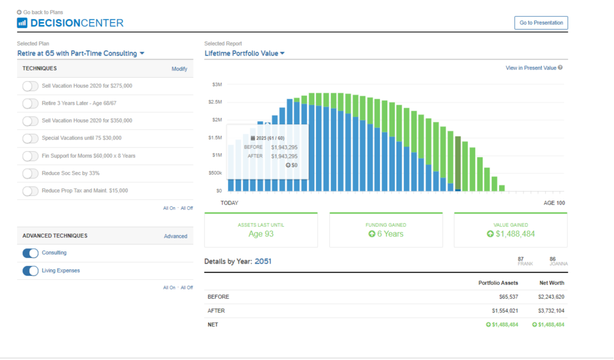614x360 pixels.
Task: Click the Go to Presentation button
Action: click(x=541, y=23)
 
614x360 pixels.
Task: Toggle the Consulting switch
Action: click(x=30, y=253)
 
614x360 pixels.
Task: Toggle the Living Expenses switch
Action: click(x=30, y=271)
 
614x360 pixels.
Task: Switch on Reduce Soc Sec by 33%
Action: click(x=30, y=174)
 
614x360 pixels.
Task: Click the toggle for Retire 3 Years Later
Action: click(x=30, y=103)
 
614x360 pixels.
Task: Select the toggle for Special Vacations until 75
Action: click(x=30, y=139)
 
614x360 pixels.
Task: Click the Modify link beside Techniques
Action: click(x=179, y=69)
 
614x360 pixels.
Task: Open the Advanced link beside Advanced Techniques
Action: click(x=175, y=236)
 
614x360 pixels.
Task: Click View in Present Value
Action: click(x=531, y=68)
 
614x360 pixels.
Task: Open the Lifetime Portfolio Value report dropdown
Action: click(x=244, y=54)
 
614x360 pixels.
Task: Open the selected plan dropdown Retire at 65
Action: click(x=80, y=54)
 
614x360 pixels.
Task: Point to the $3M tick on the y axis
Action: click(x=217, y=85)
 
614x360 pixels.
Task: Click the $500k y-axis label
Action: click(x=215, y=173)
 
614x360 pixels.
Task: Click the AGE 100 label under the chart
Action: click(x=554, y=203)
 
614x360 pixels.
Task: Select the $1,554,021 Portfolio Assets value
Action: click(x=505, y=311)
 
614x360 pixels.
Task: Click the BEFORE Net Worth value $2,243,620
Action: click(x=551, y=297)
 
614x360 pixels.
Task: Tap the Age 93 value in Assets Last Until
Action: click(x=261, y=234)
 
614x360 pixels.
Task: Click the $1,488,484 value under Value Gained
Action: click(x=515, y=234)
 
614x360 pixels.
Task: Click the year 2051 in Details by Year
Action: click(x=263, y=261)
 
